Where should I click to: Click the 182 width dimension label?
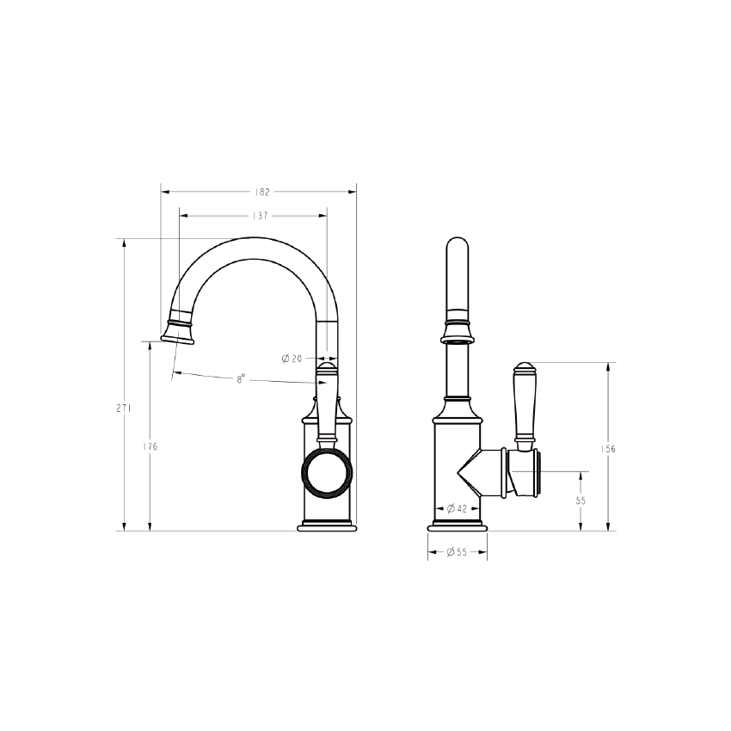pos(262,192)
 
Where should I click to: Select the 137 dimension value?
pos(260,216)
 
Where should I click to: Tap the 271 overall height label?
pos(124,408)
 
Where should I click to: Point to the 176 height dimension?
pos(150,446)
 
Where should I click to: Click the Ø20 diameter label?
pos(292,359)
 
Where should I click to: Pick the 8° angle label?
pos(241,379)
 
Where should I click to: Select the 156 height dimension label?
pos(608,449)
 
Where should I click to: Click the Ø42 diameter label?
pos(457,508)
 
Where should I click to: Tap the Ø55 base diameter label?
pos(457,552)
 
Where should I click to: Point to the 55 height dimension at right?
pos(580,501)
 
